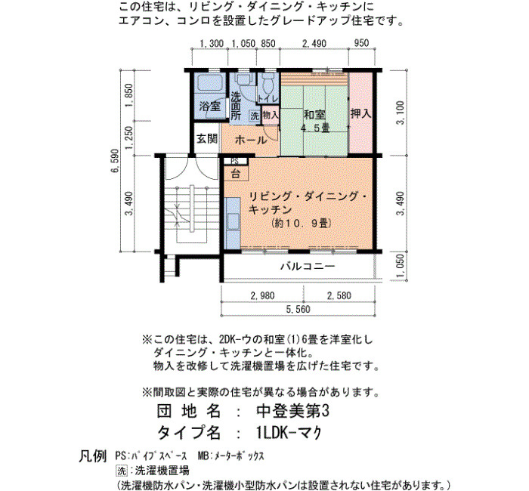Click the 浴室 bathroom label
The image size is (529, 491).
coord(210,107)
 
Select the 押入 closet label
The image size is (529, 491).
coord(360,113)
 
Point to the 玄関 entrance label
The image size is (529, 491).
coord(207,138)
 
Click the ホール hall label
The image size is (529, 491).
coord(251,140)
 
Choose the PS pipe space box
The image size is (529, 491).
coord(235,161)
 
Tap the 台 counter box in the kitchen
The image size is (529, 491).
coord(236,173)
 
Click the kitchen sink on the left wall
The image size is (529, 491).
coord(233,222)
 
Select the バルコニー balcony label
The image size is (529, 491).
coord(308,267)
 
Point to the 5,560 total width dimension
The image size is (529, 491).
coord(298,309)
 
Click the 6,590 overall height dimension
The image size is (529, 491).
coord(115,160)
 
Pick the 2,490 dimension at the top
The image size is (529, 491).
coord(314,44)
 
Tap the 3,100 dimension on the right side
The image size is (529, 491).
coord(400,113)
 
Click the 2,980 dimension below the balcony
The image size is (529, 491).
coord(262,296)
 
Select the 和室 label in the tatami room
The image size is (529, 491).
coord(315,115)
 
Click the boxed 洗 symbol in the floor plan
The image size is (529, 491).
coord(255,116)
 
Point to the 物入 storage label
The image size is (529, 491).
coord(271,115)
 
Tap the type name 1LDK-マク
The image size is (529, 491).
coord(289,433)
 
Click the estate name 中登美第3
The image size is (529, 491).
coord(292,412)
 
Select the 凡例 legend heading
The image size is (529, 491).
coord(93,456)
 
